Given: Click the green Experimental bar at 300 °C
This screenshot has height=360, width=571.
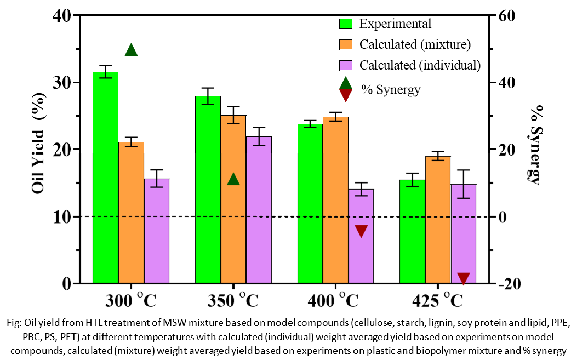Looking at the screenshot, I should pyautogui.click(x=105, y=178).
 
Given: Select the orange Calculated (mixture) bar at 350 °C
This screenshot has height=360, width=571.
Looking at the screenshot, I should pyautogui.click(x=233, y=199).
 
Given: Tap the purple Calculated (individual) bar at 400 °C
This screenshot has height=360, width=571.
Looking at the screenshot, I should pyautogui.click(x=361, y=236).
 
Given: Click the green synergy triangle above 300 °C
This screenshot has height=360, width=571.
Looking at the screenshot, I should pyautogui.click(x=131, y=50).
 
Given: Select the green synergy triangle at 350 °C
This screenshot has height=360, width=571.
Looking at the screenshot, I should pyautogui.click(x=233, y=179).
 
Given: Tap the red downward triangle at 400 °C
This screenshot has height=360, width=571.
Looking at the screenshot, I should pyautogui.click(x=361, y=231).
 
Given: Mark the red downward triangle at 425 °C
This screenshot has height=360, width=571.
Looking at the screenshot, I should pyautogui.click(x=464, y=278).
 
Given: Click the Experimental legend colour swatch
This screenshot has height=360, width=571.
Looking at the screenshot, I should pyautogui.click(x=346, y=24).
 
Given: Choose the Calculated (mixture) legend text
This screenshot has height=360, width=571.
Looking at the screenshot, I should pyautogui.click(x=415, y=44).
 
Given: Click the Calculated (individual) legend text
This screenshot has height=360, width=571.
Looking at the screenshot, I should pyautogui.click(x=420, y=65).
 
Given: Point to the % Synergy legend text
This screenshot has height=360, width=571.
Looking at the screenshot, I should pyautogui.click(x=390, y=89).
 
